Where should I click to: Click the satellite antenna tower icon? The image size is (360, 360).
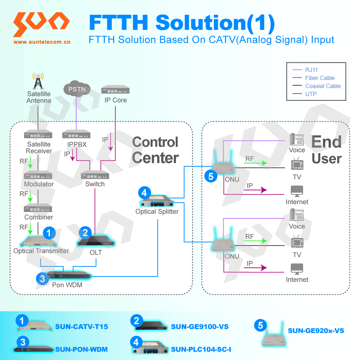[38, 81]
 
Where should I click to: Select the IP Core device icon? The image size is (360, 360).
[115, 90]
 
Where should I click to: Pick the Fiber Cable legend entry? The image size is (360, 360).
[320, 78]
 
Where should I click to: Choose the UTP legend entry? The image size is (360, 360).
[311, 94]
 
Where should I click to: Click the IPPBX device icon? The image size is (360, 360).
[76, 135]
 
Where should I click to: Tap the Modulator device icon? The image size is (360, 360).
[38, 176]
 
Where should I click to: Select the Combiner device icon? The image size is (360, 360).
[38, 208]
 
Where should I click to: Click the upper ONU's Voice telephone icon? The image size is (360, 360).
[297, 139]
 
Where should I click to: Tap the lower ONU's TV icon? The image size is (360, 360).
[297, 242]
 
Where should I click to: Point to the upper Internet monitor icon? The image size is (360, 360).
[297, 191]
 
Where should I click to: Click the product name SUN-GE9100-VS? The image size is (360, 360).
[199, 327]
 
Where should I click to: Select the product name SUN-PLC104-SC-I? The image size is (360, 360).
[201, 349]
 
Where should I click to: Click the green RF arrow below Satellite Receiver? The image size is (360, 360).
[31, 162]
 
